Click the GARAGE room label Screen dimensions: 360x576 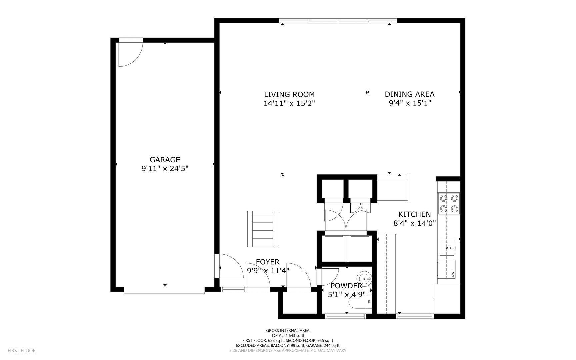[165, 160]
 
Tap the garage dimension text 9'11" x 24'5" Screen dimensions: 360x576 [165, 169]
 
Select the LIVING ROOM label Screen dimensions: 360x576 [289, 94]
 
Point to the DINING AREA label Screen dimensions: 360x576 [410, 94]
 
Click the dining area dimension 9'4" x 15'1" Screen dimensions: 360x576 [410, 103]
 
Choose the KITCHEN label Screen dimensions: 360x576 [415, 214]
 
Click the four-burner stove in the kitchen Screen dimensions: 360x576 [449, 203]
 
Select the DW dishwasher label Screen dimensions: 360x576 [453, 274]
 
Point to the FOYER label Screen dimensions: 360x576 [267, 262]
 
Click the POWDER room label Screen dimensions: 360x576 [346, 286]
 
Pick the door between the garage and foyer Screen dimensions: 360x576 [230, 267]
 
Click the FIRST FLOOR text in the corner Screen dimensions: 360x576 [22, 351]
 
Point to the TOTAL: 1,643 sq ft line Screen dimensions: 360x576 [288, 336]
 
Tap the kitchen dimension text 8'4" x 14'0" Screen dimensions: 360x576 [415, 223]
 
